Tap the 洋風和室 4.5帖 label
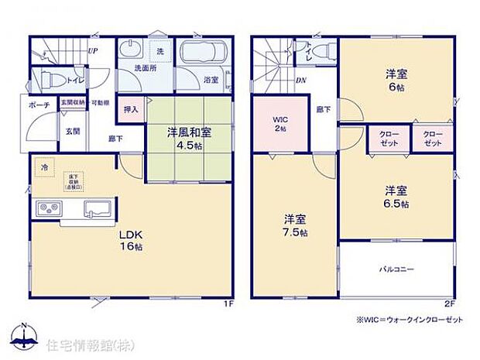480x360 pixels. click(x=189, y=137)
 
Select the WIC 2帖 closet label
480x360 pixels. click(x=279, y=124)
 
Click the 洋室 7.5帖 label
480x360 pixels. click(x=295, y=225)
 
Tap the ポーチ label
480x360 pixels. click(x=39, y=105)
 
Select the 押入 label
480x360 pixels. click(x=132, y=109)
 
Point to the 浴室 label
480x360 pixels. click(x=211, y=80)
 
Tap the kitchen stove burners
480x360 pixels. click(x=50, y=208)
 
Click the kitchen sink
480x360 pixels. click(x=98, y=208)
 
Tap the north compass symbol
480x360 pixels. click(x=26, y=335)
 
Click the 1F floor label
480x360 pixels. click(x=228, y=304)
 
